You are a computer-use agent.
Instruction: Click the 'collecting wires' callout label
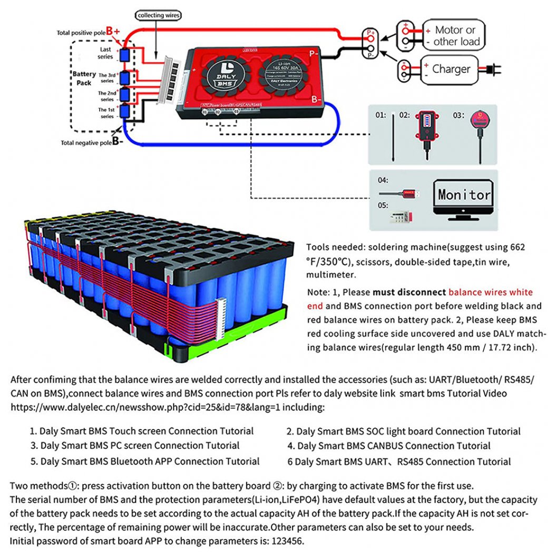[159, 16]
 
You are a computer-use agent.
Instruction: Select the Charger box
[451, 69]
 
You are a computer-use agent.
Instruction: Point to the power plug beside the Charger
[492, 69]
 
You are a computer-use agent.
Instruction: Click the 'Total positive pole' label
[81, 33]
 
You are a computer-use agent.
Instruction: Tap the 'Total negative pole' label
[85, 142]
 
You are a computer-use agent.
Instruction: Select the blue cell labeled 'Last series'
[125, 55]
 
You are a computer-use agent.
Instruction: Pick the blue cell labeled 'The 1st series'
[125, 112]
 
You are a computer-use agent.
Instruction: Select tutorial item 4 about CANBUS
[389, 446]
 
